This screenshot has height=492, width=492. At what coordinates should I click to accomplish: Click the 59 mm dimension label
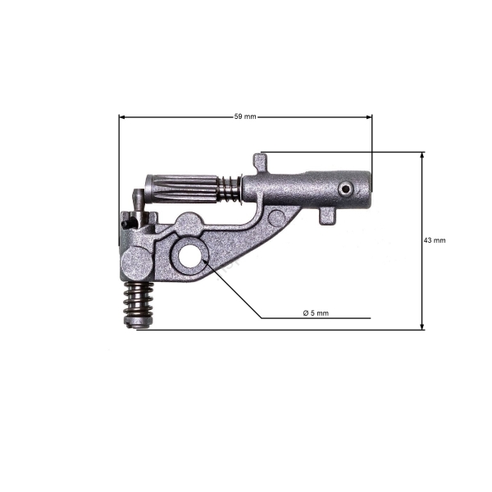click(244, 116)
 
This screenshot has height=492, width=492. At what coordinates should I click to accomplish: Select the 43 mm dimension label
click(434, 240)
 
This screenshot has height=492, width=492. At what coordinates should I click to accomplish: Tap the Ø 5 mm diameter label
click(316, 313)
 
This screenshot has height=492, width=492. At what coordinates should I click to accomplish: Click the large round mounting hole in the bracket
click(189, 256)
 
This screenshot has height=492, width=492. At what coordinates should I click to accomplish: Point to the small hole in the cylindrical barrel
click(346, 189)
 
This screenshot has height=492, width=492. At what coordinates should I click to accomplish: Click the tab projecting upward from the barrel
click(261, 162)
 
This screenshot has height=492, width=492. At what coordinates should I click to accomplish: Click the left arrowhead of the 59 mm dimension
click(123, 116)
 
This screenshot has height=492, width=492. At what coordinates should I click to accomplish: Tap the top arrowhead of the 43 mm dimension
click(423, 155)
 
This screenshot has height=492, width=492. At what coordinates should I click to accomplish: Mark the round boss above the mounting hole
click(189, 222)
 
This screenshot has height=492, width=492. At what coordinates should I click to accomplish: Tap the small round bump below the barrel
click(278, 217)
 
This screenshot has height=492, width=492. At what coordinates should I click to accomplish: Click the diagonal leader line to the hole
click(234, 290)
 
